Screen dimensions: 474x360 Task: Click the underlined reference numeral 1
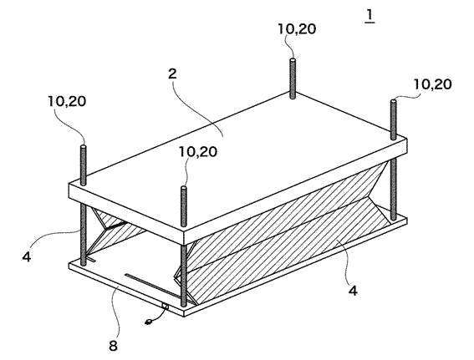pos(370,16)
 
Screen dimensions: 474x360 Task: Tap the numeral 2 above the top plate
pos(172,74)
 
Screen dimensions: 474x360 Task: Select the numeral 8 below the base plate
pos(113,346)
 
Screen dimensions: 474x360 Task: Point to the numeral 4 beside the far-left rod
pos(27,256)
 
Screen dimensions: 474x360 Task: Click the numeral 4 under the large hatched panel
pos(353,290)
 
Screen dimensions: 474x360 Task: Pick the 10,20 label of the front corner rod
pos(198,151)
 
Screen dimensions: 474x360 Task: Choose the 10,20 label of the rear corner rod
pos(297,29)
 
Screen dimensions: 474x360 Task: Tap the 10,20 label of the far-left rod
pos(67,101)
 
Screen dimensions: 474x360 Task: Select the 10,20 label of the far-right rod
pos(432,84)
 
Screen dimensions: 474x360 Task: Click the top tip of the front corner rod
pos(183,187)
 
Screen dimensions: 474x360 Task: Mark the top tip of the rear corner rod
pos(293,60)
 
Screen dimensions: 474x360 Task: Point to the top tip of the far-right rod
pos(393,100)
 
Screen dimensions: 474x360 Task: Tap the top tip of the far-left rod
pos(84,147)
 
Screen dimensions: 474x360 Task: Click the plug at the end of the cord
pos(149,322)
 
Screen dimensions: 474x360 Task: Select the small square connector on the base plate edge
pos(165,307)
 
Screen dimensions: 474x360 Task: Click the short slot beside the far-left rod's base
pos(91,259)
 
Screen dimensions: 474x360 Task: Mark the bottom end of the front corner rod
pos(183,305)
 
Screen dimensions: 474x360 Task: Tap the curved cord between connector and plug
pos(160,316)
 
